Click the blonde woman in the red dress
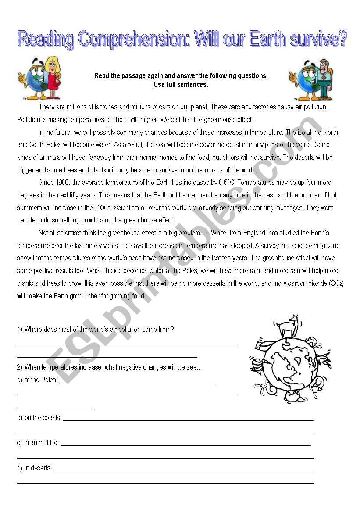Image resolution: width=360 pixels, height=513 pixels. click(x=53, y=78)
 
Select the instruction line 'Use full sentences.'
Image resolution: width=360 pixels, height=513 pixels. click(x=181, y=85)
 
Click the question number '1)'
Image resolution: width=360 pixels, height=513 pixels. click(x=20, y=330)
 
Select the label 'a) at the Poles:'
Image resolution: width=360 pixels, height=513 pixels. click(x=37, y=380)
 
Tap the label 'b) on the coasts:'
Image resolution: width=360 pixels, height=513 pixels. click(x=39, y=418)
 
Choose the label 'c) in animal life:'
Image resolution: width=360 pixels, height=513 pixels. click(x=38, y=443)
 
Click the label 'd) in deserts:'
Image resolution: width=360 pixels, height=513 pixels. click(x=34, y=468)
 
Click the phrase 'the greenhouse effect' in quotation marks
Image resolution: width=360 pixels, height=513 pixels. click(x=222, y=120)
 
